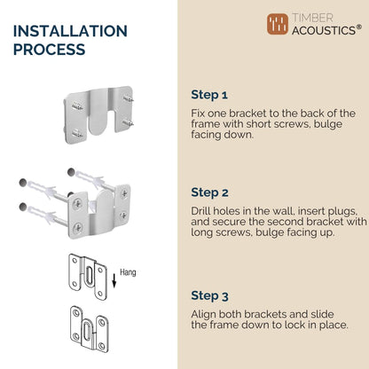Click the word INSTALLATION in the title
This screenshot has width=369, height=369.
(70, 31)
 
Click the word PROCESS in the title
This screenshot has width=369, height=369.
(50, 49)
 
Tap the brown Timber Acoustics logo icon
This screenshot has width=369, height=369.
(278, 24)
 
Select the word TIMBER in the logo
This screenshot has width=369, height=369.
(312, 18)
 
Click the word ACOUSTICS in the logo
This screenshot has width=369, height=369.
(324, 30)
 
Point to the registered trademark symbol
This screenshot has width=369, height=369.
(359, 27)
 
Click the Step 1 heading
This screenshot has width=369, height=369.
(209, 95)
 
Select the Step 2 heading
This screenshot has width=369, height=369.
(209, 192)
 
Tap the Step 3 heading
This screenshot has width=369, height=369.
(209, 295)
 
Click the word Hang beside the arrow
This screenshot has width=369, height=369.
(128, 272)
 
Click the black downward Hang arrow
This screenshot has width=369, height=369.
(114, 280)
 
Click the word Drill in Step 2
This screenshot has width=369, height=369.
(200, 211)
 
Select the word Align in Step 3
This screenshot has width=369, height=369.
(204, 314)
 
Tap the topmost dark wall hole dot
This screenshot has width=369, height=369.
(71, 172)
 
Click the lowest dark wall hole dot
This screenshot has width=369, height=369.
(23, 207)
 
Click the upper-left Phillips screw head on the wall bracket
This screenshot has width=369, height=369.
(78, 203)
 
